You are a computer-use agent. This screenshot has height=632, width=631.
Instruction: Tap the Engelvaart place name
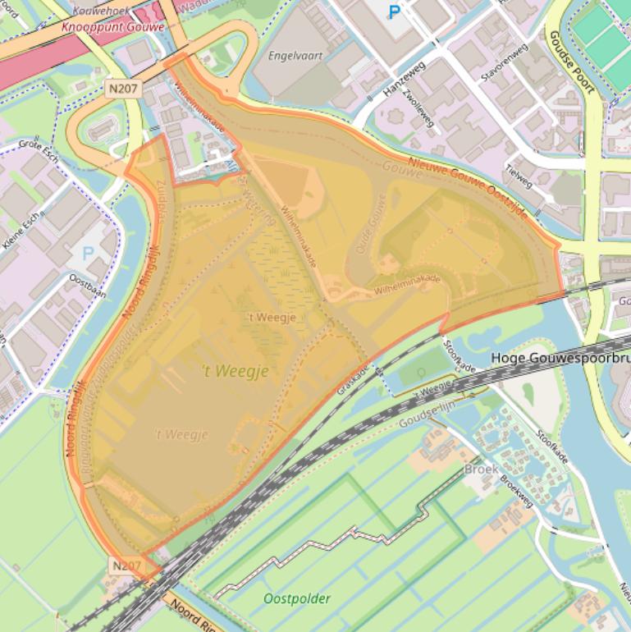pyautogui.click(x=295, y=56)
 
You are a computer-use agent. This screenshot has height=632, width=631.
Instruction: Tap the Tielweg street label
pyautogui.click(x=520, y=178)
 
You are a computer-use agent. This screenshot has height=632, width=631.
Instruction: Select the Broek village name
pyautogui.click(x=481, y=469)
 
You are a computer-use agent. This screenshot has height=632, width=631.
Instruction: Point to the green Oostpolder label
pyautogui.click(x=297, y=598)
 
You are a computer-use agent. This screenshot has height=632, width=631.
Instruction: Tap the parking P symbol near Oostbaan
pyautogui.click(x=88, y=253)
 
